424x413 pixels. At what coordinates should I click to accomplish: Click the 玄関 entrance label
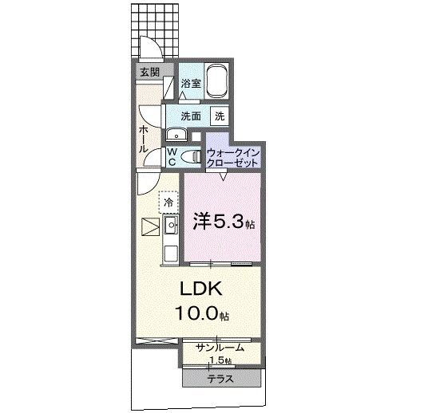(149, 73)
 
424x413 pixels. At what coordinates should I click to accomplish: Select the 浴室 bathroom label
(189, 83)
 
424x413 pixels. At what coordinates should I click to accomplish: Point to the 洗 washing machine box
(219, 116)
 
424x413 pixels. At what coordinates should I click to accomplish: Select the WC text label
(172, 156)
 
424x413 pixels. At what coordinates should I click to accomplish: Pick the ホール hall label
(142, 139)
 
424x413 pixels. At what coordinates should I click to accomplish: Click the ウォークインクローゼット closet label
(232, 156)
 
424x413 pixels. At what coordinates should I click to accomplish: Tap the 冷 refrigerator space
(168, 203)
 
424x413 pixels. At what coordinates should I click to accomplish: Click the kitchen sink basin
(170, 226)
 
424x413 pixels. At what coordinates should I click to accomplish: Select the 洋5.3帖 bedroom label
(224, 222)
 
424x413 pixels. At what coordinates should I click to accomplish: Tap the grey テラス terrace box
(220, 378)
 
